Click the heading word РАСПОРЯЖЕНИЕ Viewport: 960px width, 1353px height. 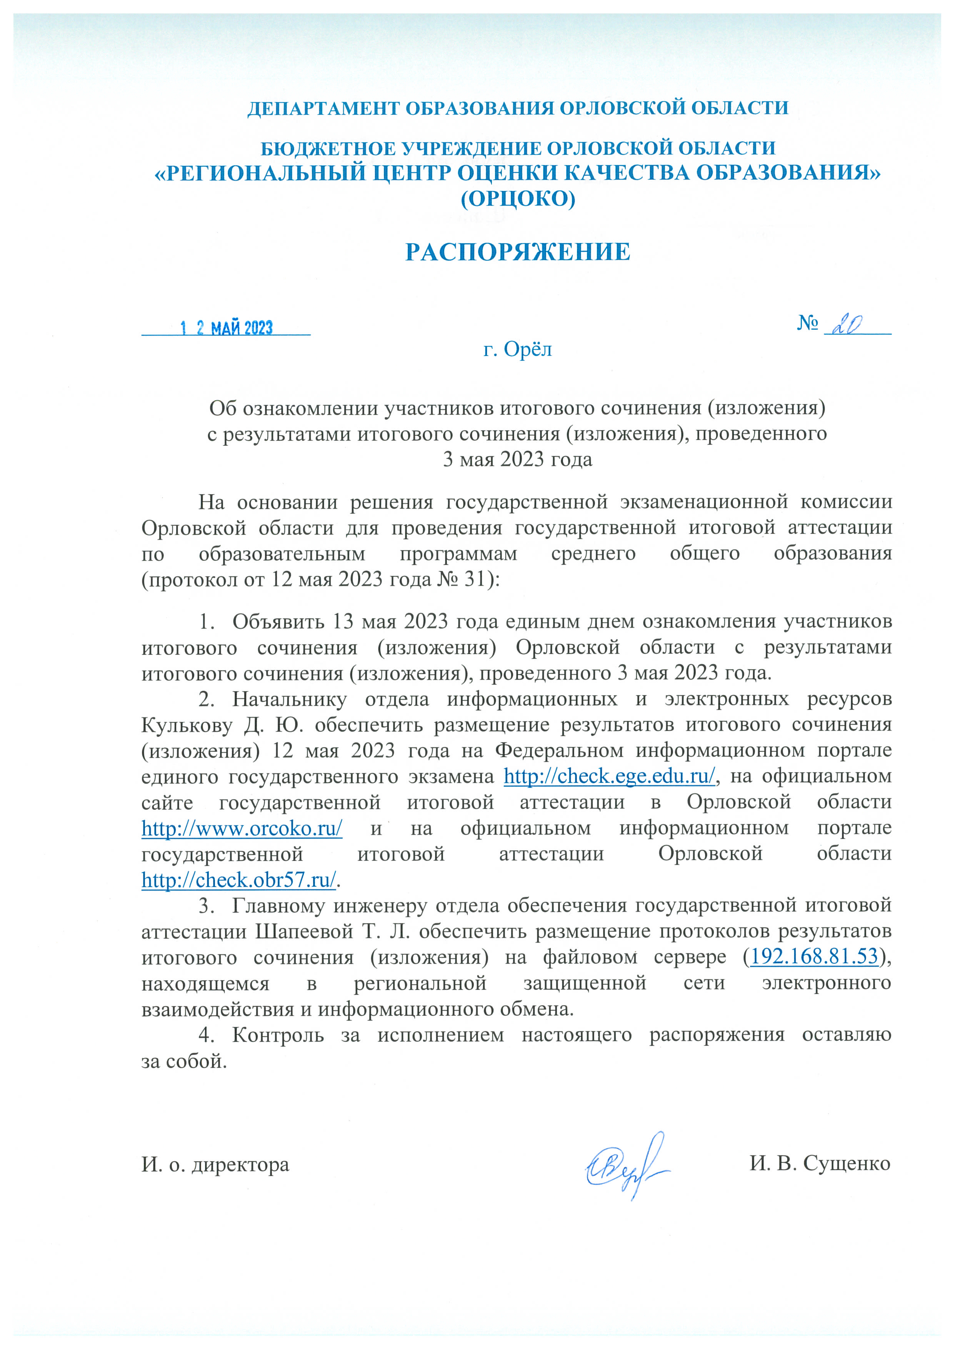point(517,252)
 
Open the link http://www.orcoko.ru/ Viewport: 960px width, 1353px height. point(242,828)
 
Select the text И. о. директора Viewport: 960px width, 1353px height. point(215,1165)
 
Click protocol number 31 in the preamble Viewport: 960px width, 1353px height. point(475,579)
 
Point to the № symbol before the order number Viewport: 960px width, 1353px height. point(807,323)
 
